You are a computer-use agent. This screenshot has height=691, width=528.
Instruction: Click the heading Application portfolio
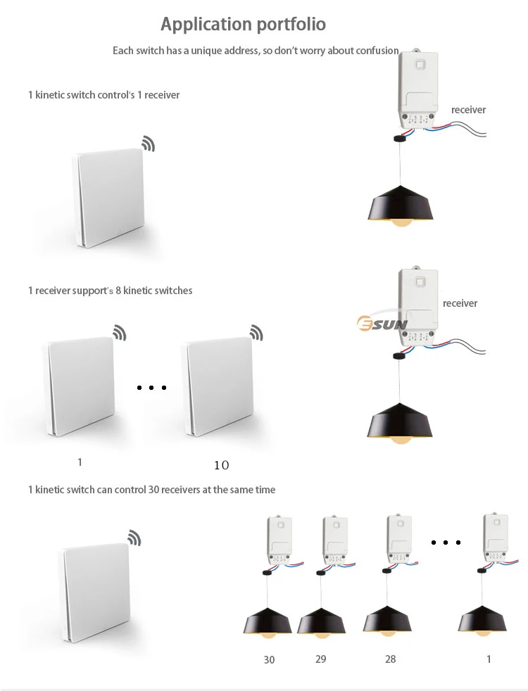(243, 24)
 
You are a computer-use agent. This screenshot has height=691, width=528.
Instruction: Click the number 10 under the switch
(221, 465)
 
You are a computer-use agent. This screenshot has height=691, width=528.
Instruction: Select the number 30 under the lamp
(269, 659)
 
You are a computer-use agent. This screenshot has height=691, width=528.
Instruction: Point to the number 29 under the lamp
(320, 659)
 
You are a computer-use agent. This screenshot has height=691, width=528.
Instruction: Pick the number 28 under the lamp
(390, 659)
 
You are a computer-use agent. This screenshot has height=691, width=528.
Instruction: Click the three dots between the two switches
(151, 387)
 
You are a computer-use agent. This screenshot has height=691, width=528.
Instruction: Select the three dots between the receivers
(446, 542)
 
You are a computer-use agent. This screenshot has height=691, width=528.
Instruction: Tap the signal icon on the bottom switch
(134, 538)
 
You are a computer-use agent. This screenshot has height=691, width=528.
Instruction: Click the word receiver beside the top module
(468, 110)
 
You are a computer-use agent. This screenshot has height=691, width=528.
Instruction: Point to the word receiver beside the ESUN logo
(460, 303)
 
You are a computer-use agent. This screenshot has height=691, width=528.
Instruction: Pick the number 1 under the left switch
(80, 462)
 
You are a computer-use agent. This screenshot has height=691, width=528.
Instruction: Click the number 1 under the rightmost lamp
(489, 659)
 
